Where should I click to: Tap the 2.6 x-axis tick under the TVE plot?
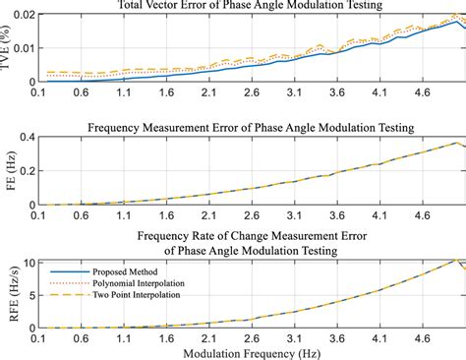click(251, 92)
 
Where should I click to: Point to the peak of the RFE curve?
click(455, 260)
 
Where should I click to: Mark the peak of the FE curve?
click(455, 143)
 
